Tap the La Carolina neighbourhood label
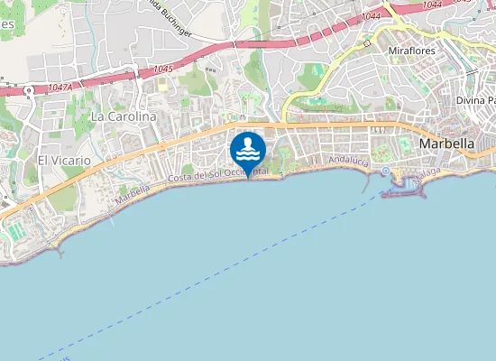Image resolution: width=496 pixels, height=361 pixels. point(123,116)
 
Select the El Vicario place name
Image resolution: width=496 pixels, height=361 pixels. point(64,160)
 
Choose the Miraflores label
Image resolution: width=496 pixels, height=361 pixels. point(411,51)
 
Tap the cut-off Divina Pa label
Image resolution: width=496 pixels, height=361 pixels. point(475,100)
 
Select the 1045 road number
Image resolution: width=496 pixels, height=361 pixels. point(163,69)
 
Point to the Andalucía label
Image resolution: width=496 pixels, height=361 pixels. point(349,161)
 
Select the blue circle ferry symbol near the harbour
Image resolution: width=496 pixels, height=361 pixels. point(385,171)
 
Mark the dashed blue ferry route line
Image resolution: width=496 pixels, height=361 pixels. point(225,272)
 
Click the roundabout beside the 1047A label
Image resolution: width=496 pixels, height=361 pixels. point(30,90)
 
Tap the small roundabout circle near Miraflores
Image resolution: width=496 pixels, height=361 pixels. point(367,42)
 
